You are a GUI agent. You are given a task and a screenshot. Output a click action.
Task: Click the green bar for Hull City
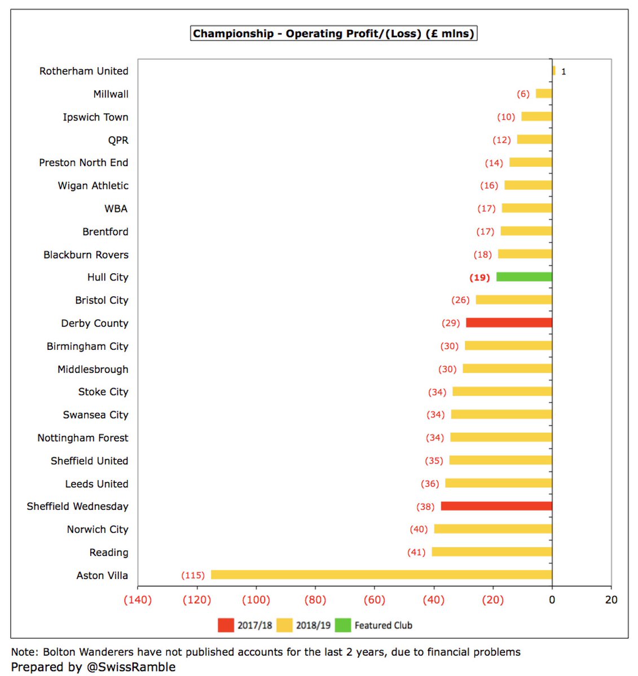click(524, 277)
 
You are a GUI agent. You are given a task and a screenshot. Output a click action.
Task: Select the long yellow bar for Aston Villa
click(381, 575)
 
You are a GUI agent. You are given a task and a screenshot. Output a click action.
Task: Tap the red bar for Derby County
click(509, 323)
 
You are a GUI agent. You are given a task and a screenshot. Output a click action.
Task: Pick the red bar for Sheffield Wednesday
click(496, 506)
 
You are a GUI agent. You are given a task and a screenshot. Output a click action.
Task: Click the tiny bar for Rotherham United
click(554, 71)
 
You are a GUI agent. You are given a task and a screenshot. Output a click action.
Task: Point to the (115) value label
click(193, 575)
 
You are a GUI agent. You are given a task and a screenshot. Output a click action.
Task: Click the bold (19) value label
click(479, 277)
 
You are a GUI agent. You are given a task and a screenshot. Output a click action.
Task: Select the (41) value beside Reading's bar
click(416, 552)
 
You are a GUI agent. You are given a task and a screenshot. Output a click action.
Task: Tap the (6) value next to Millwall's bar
click(523, 94)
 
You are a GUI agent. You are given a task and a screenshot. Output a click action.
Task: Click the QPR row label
click(118, 140)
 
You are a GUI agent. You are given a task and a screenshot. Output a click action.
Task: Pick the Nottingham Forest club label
click(83, 438)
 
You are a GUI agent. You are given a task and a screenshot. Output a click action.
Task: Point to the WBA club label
click(116, 208)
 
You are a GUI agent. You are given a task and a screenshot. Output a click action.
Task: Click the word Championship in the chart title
click(233, 34)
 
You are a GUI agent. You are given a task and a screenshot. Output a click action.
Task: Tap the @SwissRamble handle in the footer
click(131, 666)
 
